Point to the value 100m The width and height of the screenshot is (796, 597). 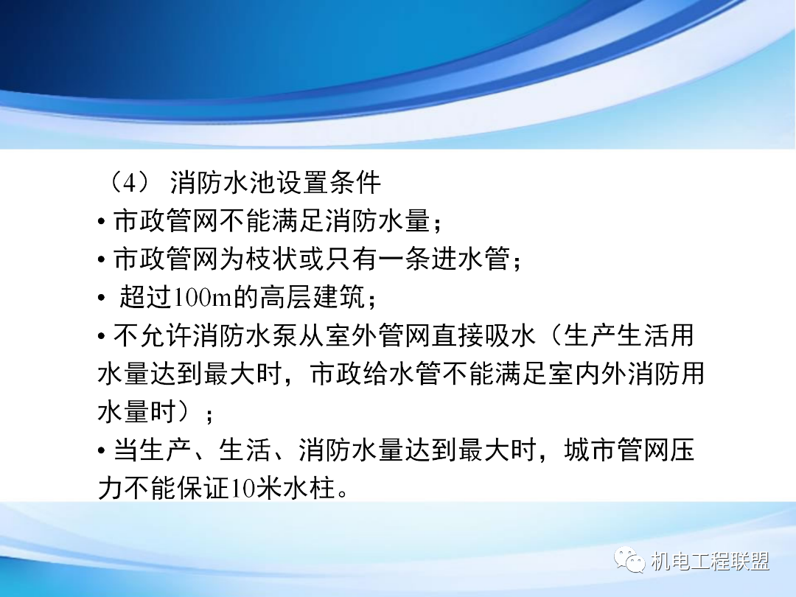click(202, 298)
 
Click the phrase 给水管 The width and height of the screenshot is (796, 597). click(409, 374)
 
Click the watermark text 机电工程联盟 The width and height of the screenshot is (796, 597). click(711, 562)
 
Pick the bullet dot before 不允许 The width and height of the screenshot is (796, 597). click(102, 338)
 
